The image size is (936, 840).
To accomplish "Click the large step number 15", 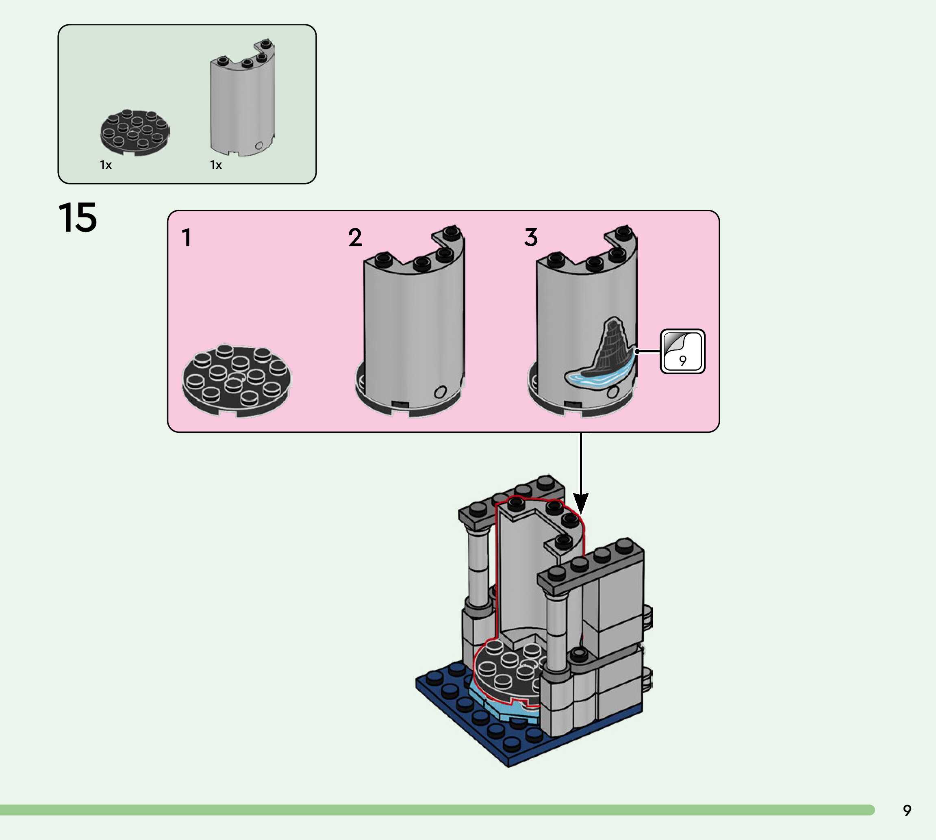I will pos(78,217).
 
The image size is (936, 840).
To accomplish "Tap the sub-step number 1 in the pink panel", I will pos(187,238).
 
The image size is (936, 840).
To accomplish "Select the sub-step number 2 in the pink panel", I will pos(355,238).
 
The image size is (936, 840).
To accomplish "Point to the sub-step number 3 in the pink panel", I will pos(531,237).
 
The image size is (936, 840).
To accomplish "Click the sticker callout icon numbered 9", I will pos(683,351).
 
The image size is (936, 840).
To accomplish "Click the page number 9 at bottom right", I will pos(907,810).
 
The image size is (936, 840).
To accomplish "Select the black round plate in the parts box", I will pos(135,132).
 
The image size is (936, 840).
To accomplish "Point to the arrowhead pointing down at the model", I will pos(581,503).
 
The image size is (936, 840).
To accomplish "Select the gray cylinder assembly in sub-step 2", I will pos(413,323).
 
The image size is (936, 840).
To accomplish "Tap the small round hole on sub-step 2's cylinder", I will pos(440,392).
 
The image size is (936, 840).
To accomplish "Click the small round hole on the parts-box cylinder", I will pos(259,146).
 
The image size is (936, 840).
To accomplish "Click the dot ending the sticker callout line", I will pos(637,351).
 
